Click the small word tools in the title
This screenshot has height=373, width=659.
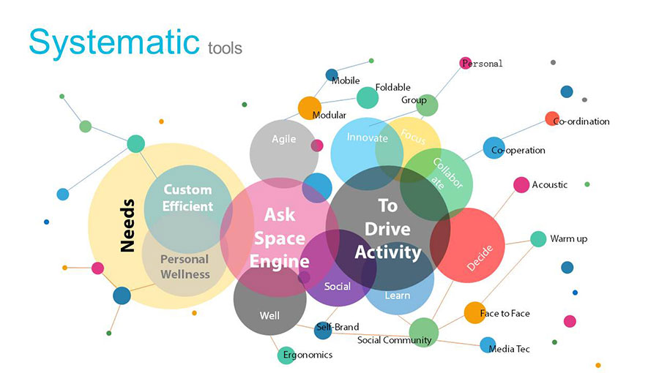point(225,48)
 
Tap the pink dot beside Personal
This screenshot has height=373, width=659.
point(465,63)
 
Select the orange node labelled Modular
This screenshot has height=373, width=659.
point(310,108)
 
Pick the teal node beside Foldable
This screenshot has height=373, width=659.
point(368,98)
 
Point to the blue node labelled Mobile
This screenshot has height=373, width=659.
point(332,75)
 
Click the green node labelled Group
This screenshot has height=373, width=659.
point(427,105)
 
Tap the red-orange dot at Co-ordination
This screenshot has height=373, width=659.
point(552,118)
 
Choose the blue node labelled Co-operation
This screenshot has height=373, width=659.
point(494,148)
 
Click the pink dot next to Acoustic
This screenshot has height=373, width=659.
point(521,185)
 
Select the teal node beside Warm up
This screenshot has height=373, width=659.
point(538,239)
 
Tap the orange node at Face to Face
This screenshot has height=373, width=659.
point(475,312)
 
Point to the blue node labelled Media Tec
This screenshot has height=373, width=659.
point(488,345)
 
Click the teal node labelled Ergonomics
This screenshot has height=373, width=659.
point(286,355)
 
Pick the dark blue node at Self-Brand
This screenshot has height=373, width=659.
point(323,331)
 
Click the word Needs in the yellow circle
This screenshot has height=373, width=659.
point(127,225)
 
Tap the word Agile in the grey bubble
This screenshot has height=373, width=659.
point(283,139)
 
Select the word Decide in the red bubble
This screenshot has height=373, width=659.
point(480,258)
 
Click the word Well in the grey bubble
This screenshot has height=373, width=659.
point(269,315)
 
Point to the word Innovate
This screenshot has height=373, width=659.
point(368,137)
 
